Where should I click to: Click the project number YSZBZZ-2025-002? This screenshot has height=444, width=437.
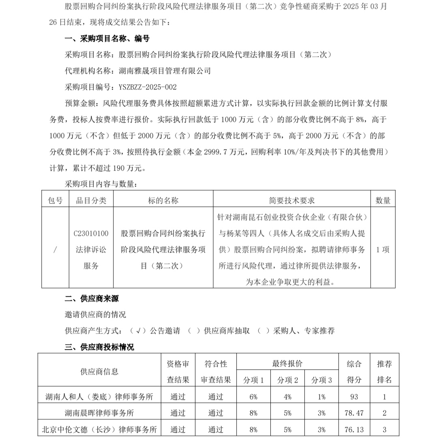tap(148, 87)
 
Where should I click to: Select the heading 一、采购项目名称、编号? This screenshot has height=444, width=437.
tap(107, 39)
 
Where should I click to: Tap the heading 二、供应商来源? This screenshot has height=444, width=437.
tap(92, 299)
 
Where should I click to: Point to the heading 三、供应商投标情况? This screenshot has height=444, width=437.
tap(99, 347)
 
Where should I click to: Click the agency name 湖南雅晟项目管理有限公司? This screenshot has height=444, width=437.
tap(165, 71)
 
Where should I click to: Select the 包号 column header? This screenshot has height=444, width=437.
tap(55, 200)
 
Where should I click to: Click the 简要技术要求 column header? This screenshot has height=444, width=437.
tap(291, 200)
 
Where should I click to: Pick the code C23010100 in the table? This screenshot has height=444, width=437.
tap(91, 234)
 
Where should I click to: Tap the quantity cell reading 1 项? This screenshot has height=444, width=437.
tap(383, 250)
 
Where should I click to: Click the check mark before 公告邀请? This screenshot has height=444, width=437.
tap(139, 331)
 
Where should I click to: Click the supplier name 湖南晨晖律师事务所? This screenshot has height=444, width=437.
tap(99, 413)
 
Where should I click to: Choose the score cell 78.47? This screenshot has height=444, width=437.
tap(354, 413)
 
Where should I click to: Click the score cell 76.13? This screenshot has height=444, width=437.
tap(354, 429)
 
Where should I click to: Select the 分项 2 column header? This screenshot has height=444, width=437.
tap(287, 380)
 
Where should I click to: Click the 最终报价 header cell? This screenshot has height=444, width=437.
tap(287, 364)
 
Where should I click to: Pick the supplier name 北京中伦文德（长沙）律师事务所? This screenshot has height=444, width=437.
tap(99, 429)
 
